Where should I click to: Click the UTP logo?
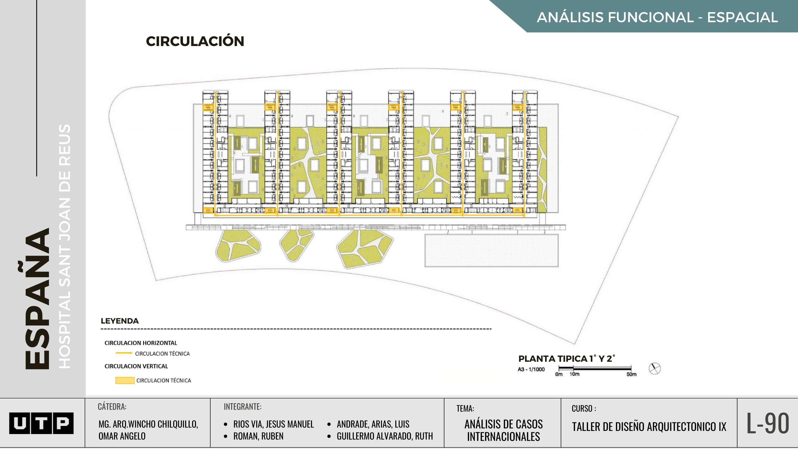41,423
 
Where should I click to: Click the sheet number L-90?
767,423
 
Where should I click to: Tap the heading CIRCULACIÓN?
195,41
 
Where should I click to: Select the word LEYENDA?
120,321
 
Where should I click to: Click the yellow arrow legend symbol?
124,353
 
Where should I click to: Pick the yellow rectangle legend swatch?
124,380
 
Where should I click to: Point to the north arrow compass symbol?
654,368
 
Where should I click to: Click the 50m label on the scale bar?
631,374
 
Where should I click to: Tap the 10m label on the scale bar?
574,374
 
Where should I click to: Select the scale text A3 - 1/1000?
531,369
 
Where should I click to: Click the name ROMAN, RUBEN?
258,436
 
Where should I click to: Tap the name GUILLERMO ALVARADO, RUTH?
384,436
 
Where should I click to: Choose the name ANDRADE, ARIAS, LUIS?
373,424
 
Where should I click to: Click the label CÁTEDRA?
112,406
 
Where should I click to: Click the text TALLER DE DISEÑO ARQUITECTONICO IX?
649,427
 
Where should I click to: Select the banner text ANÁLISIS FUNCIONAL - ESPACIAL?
657,17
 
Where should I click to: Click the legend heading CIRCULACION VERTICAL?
136,366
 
